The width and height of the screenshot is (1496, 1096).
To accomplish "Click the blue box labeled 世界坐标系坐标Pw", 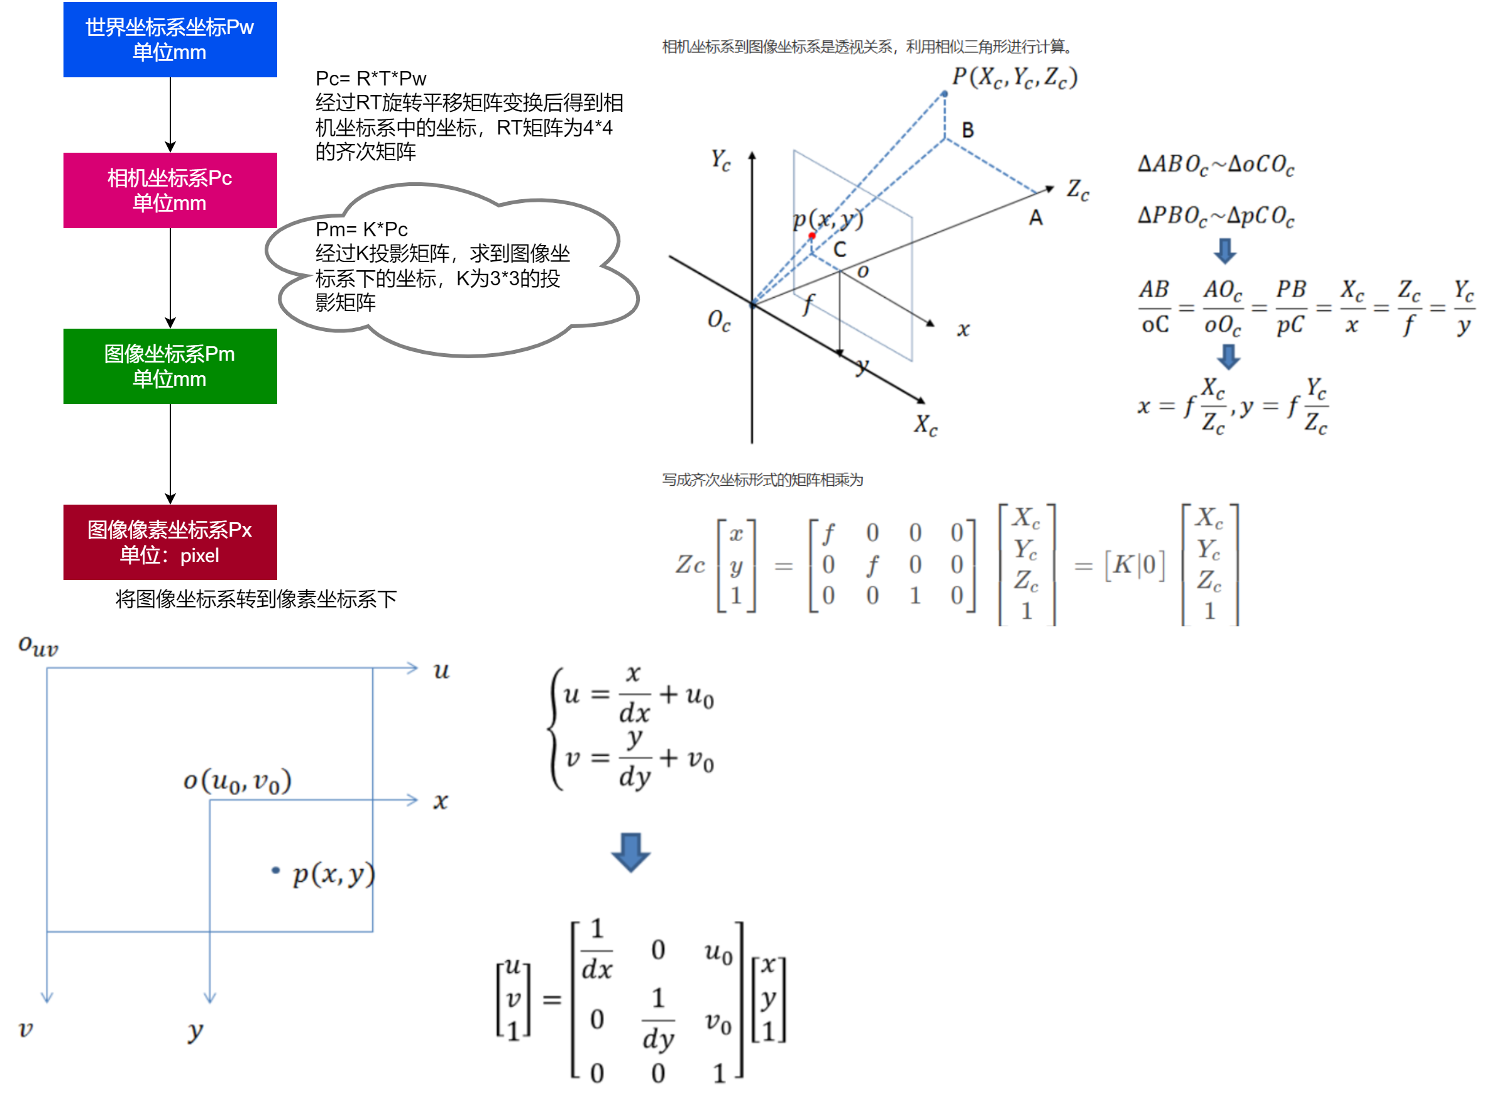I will coord(170,39).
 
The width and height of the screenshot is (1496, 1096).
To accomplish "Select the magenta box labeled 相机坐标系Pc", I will coord(170,190).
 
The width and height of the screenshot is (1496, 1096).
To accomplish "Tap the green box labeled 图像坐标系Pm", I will coord(170,366).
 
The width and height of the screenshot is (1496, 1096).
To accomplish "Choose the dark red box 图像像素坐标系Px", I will coord(170,542).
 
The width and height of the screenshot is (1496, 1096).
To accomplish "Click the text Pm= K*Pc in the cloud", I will coord(361,229).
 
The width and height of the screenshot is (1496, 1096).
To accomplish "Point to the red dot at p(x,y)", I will coord(811,236).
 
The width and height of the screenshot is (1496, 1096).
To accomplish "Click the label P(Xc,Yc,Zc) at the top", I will coord(1015,78).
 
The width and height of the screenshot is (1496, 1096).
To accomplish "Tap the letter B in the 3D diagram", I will coord(968,131).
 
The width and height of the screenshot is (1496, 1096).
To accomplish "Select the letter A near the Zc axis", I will coord(1036,217).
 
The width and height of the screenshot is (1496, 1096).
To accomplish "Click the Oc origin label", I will coord(718,321).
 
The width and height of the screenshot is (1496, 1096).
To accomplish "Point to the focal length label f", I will coord(807,305).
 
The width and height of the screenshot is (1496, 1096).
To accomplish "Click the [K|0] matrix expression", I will coord(1135,565).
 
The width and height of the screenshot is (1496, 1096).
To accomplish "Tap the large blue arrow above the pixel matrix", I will coord(630,852).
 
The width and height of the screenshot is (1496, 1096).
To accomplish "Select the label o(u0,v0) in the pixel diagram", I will coord(237,781).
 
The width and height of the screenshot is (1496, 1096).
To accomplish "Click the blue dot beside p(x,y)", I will coord(275,870).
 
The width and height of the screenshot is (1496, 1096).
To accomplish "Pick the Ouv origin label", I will coord(38,645).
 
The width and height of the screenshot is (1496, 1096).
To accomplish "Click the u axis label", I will coord(441,671).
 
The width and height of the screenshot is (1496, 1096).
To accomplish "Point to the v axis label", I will coord(25,1028).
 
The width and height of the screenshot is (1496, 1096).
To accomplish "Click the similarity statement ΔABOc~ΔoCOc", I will coord(1216,164).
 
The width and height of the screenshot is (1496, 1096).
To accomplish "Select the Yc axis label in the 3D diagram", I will coord(720,160).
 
